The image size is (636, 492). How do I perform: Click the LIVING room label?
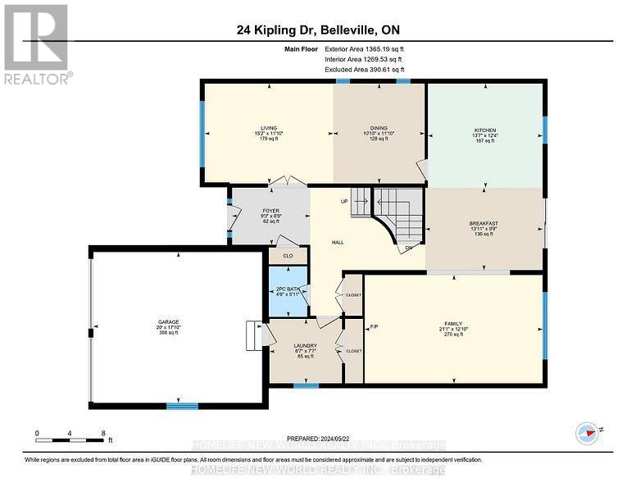[269, 128]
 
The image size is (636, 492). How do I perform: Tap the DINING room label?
[379, 128]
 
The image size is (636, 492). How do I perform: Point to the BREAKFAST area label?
[484, 223]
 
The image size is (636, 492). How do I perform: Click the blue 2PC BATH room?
[288, 292]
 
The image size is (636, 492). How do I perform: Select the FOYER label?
[270, 212]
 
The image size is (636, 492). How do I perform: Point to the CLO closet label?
[288, 256]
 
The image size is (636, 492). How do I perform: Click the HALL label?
[337, 243]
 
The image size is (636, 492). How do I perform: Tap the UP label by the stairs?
[345, 202]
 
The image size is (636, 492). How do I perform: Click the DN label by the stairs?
[407, 249]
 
